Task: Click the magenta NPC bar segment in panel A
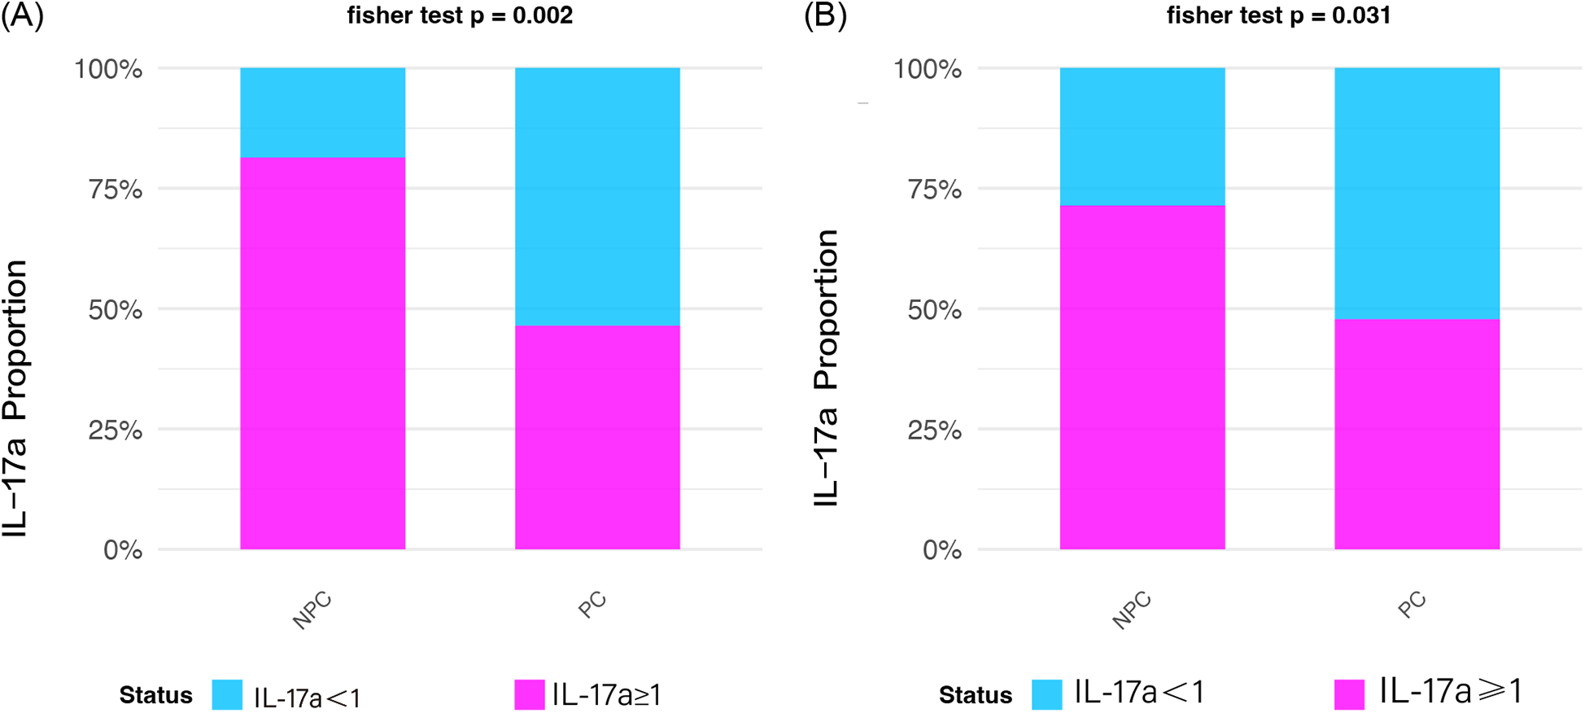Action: point(322,354)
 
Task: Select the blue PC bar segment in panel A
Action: point(597,196)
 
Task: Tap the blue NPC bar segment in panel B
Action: point(1142,136)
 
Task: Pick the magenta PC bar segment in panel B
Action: point(1417,434)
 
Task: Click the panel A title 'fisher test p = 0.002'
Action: point(460,15)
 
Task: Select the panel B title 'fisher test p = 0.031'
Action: point(1278,15)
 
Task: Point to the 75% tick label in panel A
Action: point(115,190)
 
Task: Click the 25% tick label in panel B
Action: point(934,430)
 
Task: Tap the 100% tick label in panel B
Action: point(928,69)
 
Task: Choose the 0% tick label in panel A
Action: point(123,550)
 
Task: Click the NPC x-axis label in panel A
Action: point(312,610)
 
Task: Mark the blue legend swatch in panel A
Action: point(227,695)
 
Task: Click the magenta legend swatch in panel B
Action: point(1349,694)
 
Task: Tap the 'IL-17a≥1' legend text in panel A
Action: point(606,695)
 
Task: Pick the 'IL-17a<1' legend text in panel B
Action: point(1139,692)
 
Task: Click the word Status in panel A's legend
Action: point(155,696)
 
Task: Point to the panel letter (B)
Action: point(825,16)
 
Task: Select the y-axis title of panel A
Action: point(15,399)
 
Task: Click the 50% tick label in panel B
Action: point(934,310)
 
